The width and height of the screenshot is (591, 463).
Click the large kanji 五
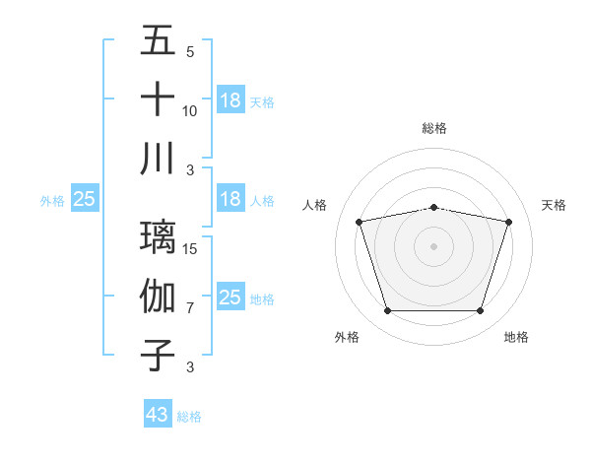158,41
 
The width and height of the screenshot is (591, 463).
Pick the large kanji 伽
158,296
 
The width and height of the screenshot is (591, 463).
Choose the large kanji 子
158,355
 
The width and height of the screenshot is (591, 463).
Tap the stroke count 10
190,111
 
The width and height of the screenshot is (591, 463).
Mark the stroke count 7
190,308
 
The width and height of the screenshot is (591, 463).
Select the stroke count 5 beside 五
190,52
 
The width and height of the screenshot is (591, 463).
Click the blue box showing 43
158,415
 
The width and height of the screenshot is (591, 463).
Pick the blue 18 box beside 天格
230,100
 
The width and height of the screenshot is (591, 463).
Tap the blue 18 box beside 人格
230,199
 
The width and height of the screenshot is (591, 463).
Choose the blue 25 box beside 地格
230,298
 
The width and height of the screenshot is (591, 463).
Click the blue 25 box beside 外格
85,199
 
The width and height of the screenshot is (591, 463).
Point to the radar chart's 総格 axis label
434,128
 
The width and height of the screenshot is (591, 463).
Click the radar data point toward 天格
509,222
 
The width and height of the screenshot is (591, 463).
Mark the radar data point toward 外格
387,311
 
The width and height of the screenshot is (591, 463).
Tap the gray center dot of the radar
434,246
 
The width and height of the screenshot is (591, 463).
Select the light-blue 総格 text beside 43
189,417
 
